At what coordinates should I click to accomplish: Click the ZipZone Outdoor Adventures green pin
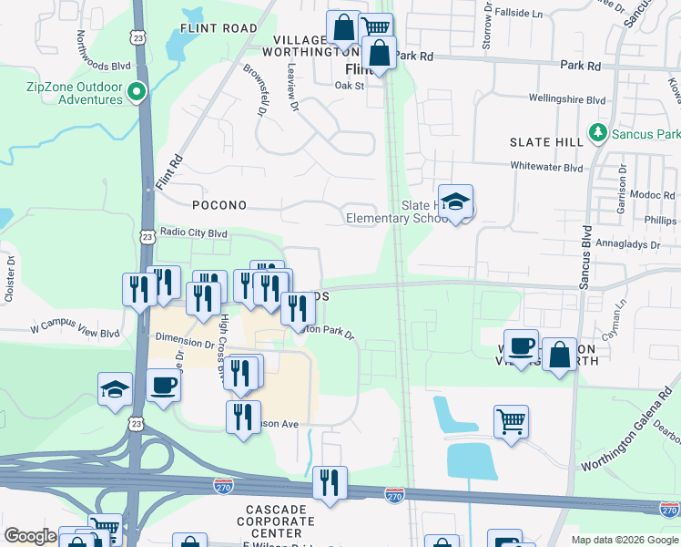(137, 91)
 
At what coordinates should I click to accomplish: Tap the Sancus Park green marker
(598, 134)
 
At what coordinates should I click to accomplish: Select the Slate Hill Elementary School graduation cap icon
(455, 201)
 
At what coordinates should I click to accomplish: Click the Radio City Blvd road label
(193, 232)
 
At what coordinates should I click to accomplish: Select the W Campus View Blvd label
(75, 325)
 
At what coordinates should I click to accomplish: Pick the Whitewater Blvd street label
(546, 168)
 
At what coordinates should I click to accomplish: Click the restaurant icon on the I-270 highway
(330, 482)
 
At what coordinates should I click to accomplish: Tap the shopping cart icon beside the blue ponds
(511, 421)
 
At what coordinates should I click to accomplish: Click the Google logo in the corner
(30, 536)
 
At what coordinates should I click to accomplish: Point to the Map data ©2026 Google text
(624, 540)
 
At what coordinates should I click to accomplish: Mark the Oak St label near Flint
(349, 86)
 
